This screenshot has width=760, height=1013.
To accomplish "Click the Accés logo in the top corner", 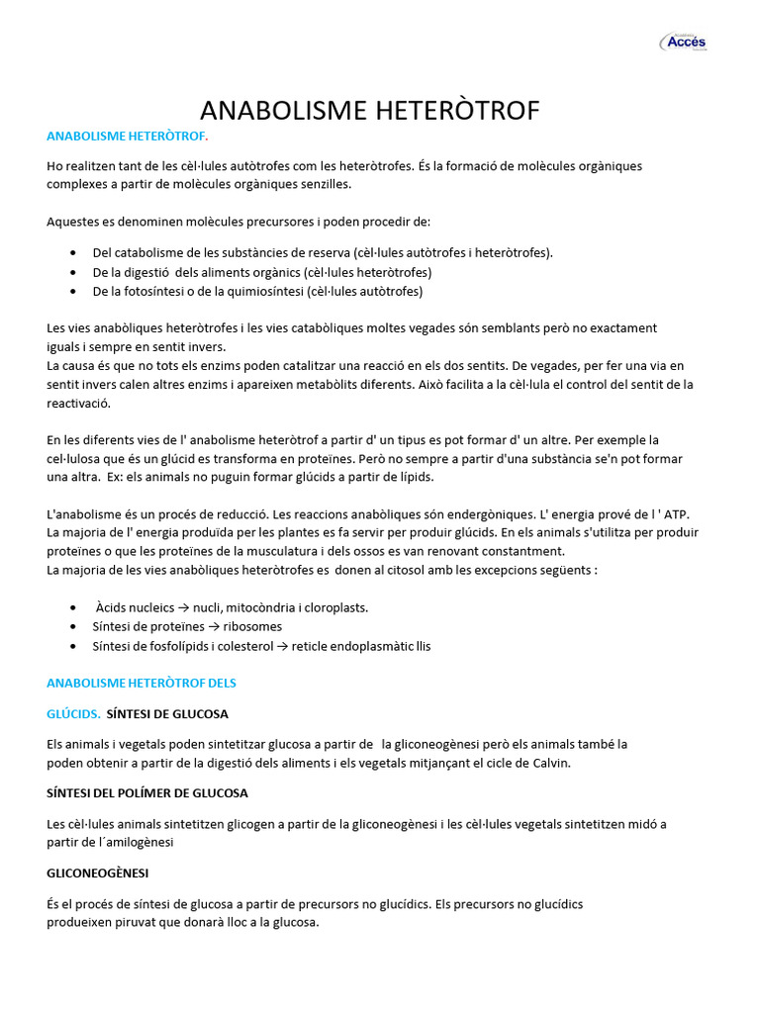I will tap(684, 42).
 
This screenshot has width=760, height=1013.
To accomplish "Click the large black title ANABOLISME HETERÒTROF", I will tap(370, 110).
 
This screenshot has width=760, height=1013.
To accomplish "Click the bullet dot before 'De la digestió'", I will tap(74, 272).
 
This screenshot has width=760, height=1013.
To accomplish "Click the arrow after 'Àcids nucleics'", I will tap(185, 607).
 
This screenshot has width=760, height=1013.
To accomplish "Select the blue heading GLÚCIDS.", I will tap(73, 713).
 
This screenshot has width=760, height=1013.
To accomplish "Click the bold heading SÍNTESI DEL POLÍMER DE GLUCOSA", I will tap(147, 793).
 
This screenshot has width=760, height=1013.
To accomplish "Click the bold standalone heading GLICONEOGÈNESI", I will tap(98, 874).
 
